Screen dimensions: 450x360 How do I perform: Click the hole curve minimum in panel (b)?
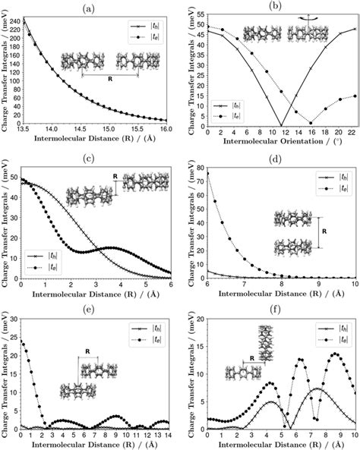pos(281,125)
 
